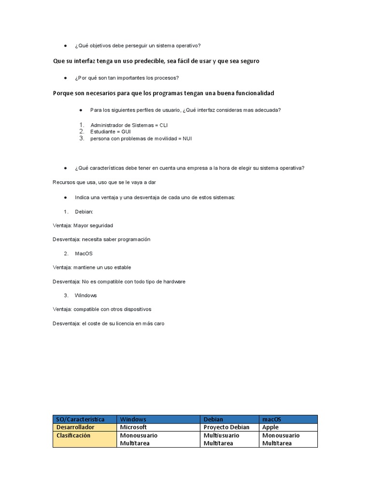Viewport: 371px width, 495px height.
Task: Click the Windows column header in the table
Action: (x=133, y=419)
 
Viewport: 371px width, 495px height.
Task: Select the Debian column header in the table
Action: (x=214, y=419)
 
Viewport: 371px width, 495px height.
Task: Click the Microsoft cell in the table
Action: (x=133, y=427)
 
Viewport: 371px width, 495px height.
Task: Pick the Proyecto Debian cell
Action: (x=227, y=427)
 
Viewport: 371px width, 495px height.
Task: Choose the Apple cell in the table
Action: (x=271, y=427)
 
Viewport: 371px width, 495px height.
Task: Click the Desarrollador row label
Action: (x=75, y=427)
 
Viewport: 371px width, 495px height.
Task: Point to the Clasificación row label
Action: (x=73, y=435)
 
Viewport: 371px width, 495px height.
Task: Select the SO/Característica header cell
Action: (x=80, y=419)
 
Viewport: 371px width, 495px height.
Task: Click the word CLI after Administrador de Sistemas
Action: (x=163, y=125)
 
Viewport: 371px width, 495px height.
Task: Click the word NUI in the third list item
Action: (x=187, y=138)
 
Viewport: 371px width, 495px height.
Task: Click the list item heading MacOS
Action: (x=84, y=253)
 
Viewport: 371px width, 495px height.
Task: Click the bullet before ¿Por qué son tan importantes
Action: (x=65, y=78)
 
